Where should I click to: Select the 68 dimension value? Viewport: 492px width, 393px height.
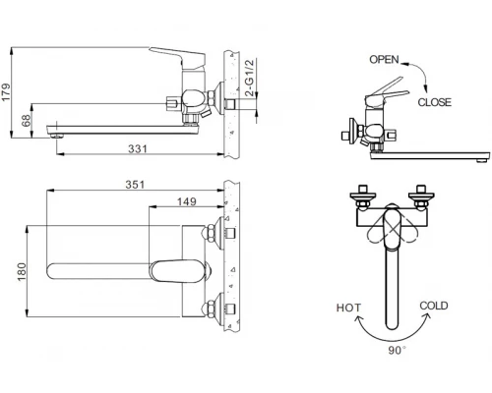26,119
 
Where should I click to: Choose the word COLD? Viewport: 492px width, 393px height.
434,307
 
